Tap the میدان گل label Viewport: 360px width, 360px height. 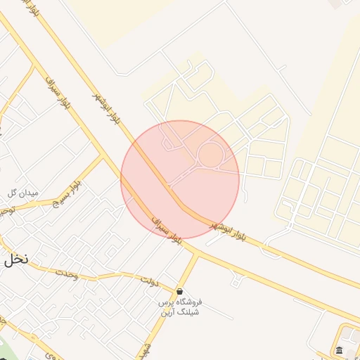22,193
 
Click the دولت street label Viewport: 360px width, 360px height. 148,281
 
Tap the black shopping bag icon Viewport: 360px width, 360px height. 180,291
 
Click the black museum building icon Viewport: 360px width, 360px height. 340,351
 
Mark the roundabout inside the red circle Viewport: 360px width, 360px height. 211,155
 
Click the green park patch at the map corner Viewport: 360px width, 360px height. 4,352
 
